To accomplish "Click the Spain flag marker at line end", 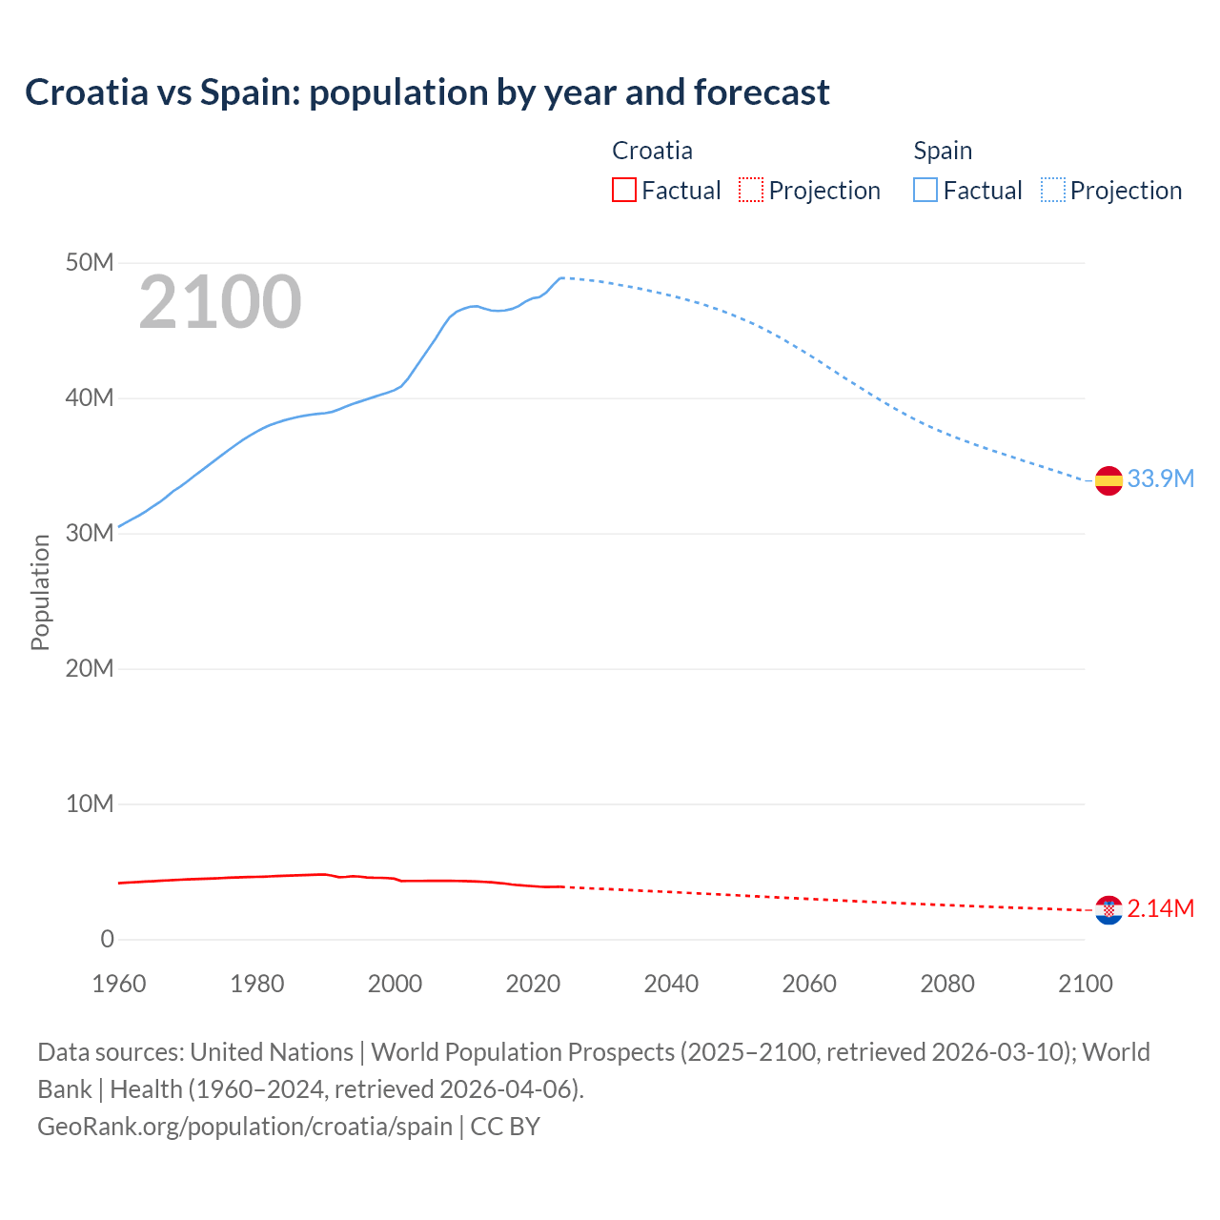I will pyautogui.click(x=1108, y=481).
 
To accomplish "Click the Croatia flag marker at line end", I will pyautogui.click(x=1108, y=910).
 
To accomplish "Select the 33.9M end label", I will pyautogui.click(x=1160, y=478).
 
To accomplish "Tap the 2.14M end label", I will pyautogui.click(x=1160, y=908).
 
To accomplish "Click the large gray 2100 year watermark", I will pyautogui.click(x=220, y=303).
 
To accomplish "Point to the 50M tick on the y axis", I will pyautogui.click(x=90, y=262).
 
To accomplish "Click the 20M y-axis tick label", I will pyautogui.click(x=90, y=668).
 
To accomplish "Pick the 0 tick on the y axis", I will pyautogui.click(x=107, y=939).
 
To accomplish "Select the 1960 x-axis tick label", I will pyautogui.click(x=119, y=984).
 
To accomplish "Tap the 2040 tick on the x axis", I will pyautogui.click(x=671, y=984).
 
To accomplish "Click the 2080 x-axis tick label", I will pyautogui.click(x=947, y=984).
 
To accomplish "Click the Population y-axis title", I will pyautogui.click(x=40, y=592).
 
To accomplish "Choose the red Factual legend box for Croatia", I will pyautogui.click(x=624, y=190).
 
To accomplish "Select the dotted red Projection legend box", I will pyautogui.click(x=751, y=190).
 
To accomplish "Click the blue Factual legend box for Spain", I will pyautogui.click(x=925, y=190).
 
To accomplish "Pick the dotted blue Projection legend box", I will pyautogui.click(x=1053, y=190).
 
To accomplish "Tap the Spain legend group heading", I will pyautogui.click(x=943, y=151).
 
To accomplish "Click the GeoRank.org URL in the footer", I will pyautogui.click(x=245, y=1126).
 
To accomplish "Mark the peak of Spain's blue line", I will pyautogui.click(x=561, y=277).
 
